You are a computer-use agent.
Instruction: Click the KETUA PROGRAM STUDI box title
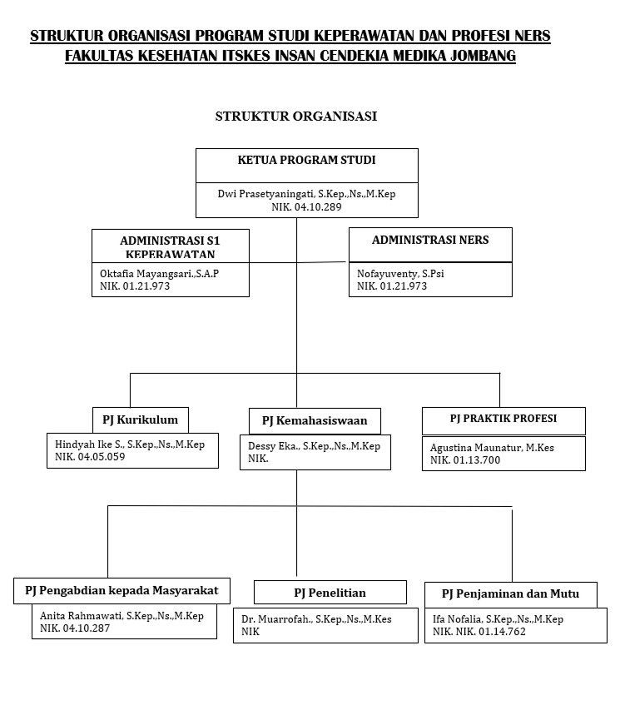[306, 160]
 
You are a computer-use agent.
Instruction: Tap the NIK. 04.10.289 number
[306, 206]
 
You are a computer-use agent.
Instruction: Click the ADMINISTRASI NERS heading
[430, 240]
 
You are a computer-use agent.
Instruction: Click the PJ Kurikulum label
[140, 419]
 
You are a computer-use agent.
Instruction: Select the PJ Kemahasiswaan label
[315, 420]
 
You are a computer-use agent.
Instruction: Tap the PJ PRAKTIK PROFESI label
[503, 418]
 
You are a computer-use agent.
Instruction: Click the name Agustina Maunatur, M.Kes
[491, 447]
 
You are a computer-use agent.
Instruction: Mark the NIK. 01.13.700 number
[465, 459]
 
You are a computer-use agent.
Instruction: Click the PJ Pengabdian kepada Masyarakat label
[122, 591]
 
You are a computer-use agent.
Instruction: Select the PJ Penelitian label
[330, 593]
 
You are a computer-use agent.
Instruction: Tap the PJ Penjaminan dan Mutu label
[509, 594]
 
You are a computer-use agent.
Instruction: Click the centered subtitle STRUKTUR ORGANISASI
[295, 116]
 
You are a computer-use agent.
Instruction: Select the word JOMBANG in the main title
[476, 57]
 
